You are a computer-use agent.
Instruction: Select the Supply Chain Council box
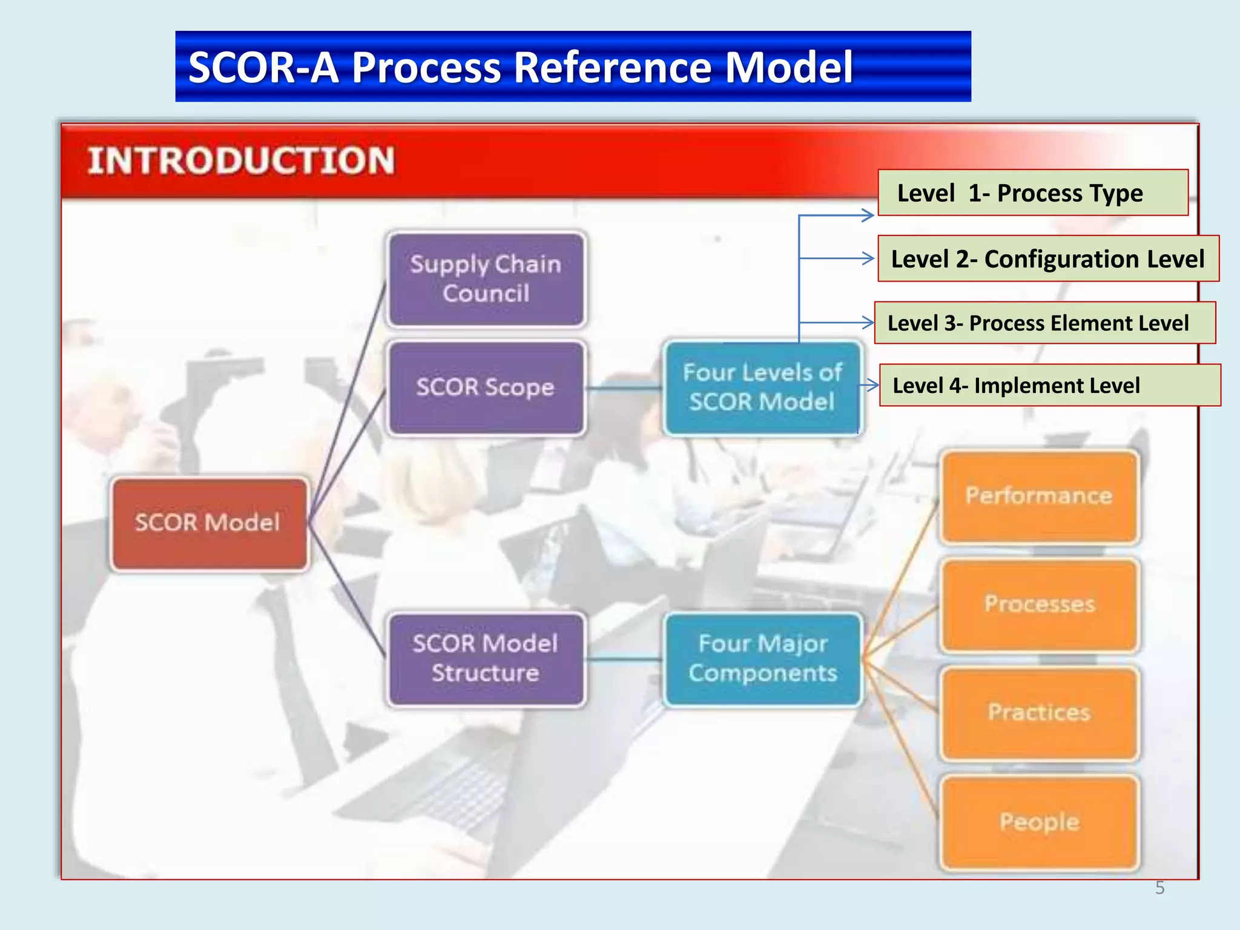tap(486, 279)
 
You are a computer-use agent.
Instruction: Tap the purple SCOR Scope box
tap(486, 387)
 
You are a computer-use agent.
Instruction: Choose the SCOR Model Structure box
tap(486, 659)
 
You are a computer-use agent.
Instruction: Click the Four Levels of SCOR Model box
tap(762, 387)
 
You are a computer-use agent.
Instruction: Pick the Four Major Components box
tap(762, 659)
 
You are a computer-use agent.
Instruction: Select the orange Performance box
tap(1039, 496)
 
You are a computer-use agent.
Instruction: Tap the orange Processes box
tap(1039, 604)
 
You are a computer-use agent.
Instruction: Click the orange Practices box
tap(1039, 713)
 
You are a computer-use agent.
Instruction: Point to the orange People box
tap(1039, 822)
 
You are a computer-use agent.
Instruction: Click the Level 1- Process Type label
tap(1032, 193)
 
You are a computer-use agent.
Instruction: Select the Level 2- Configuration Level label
tap(1047, 259)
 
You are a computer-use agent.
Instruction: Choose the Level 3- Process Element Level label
tap(1044, 323)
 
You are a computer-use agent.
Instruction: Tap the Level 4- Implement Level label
tap(1049, 385)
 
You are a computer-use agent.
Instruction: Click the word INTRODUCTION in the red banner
tap(241, 161)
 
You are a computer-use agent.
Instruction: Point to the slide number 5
tap(1159, 888)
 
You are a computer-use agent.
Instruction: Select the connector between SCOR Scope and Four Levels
tap(624, 387)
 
